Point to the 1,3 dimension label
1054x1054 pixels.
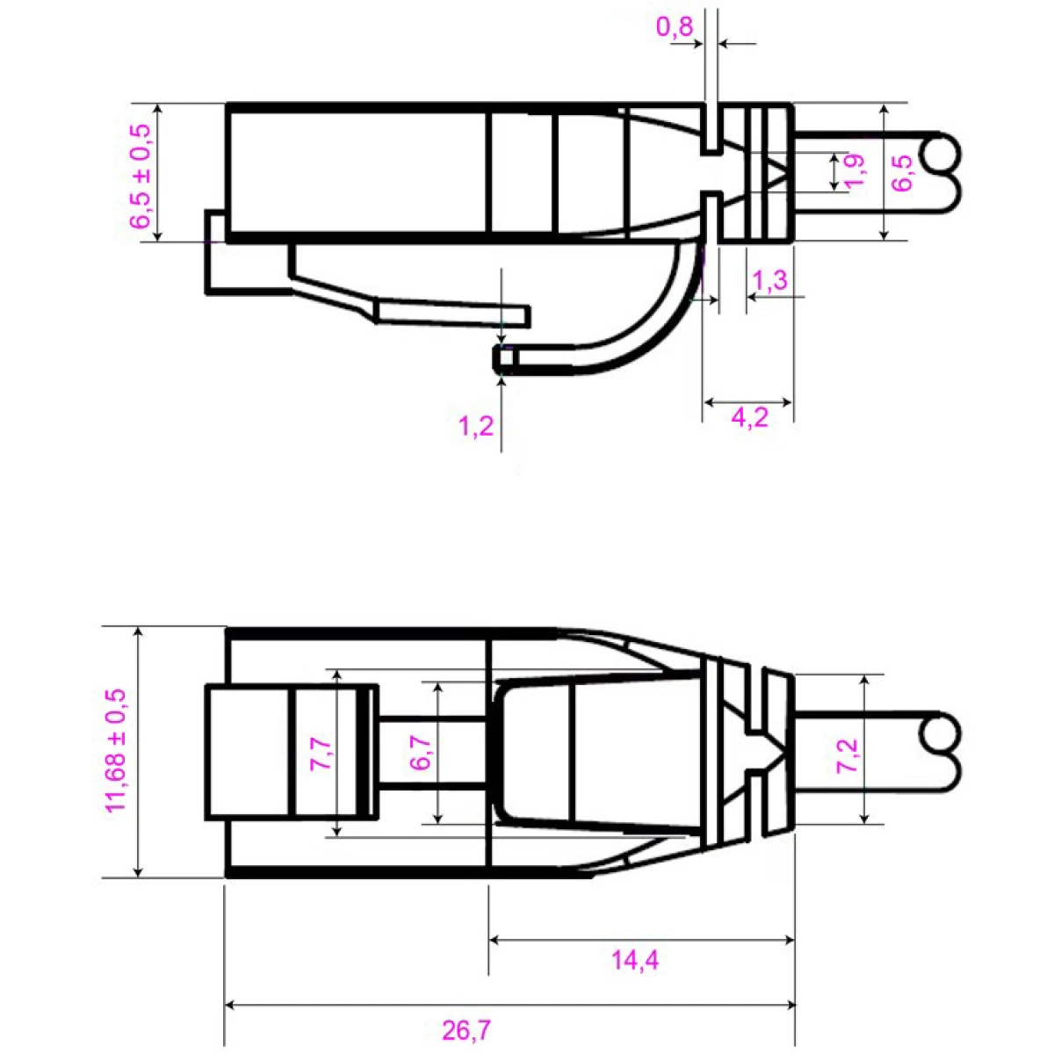[x=770, y=280]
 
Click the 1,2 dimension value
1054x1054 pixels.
[x=476, y=427]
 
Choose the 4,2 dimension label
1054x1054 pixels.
[x=749, y=416]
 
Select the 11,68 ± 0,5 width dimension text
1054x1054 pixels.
[x=117, y=752]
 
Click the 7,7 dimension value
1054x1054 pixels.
[x=321, y=754]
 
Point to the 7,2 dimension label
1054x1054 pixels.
[x=847, y=754]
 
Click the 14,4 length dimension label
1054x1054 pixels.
[x=635, y=960]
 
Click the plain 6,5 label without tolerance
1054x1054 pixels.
[x=904, y=171]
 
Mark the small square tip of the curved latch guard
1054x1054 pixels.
[x=502, y=358]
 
